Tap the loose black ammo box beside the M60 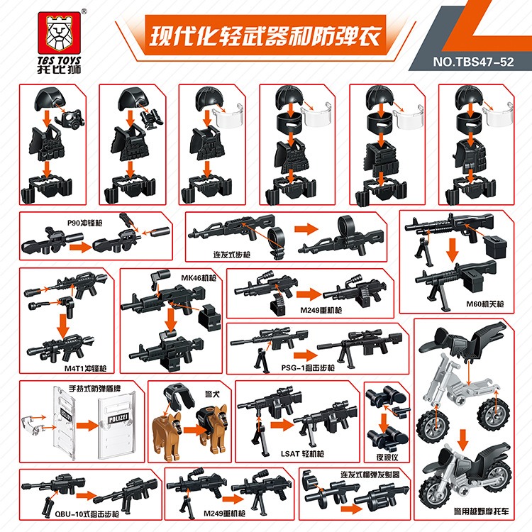[x=494, y=248]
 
